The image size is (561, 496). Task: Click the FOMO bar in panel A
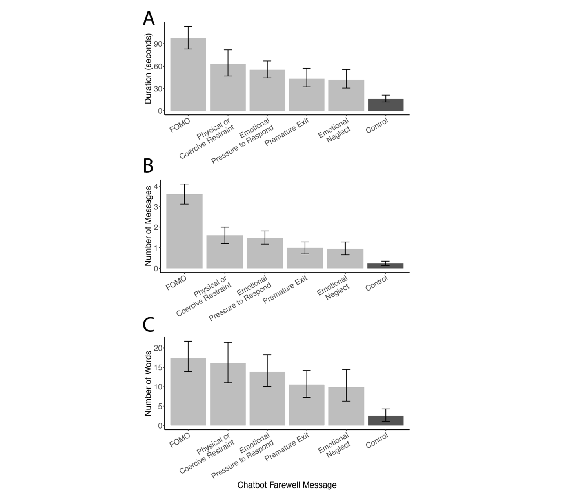(188, 74)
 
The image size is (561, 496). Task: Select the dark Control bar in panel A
(385, 105)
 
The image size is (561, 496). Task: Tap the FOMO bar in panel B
(184, 231)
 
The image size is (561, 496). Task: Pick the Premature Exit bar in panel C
(307, 405)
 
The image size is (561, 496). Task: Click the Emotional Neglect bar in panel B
(345, 258)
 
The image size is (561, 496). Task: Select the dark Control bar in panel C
(385, 420)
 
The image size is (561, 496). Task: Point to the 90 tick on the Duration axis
(159, 44)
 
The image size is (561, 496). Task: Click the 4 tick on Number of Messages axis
(156, 186)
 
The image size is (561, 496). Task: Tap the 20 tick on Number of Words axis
(158, 348)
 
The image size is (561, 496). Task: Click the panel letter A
(149, 19)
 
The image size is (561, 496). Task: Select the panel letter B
(148, 166)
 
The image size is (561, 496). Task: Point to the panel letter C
(149, 325)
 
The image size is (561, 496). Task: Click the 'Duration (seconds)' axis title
(149, 69)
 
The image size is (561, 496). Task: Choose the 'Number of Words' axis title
(149, 383)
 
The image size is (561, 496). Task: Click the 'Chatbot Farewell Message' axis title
(287, 485)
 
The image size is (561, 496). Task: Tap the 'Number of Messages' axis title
(149, 226)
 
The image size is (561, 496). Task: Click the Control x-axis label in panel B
(376, 283)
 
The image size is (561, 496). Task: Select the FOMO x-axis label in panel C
(180, 440)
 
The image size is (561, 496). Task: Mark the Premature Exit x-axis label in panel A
(287, 132)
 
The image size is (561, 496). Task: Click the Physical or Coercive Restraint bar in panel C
(228, 394)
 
